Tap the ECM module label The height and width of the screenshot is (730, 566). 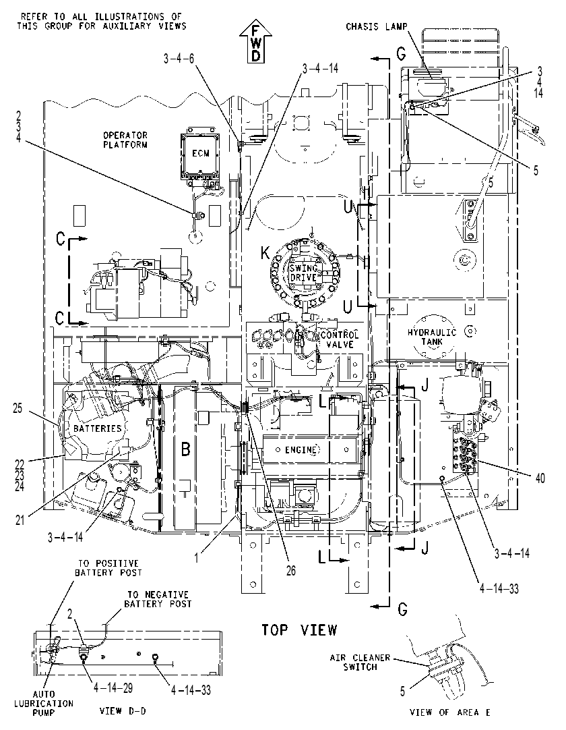click(200, 154)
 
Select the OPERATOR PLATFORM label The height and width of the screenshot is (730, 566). click(125, 140)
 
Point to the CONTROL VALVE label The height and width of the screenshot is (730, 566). click(340, 339)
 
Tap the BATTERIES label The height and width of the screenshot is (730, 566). click(98, 428)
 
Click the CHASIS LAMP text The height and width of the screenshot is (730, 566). click(376, 26)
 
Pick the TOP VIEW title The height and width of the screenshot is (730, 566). click(299, 630)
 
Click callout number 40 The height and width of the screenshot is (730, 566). click(540, 478)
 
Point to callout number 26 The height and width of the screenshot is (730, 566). click(290, 571)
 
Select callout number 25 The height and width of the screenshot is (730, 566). click(18, 410)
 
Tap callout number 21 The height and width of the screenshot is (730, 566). click(20, 520)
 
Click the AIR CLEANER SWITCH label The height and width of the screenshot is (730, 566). click(360, 662)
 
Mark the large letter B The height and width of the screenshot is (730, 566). click(186, 449)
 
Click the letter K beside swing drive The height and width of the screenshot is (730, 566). click(265, 253)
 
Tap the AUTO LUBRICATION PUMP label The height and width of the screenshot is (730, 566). click(44, 703)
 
